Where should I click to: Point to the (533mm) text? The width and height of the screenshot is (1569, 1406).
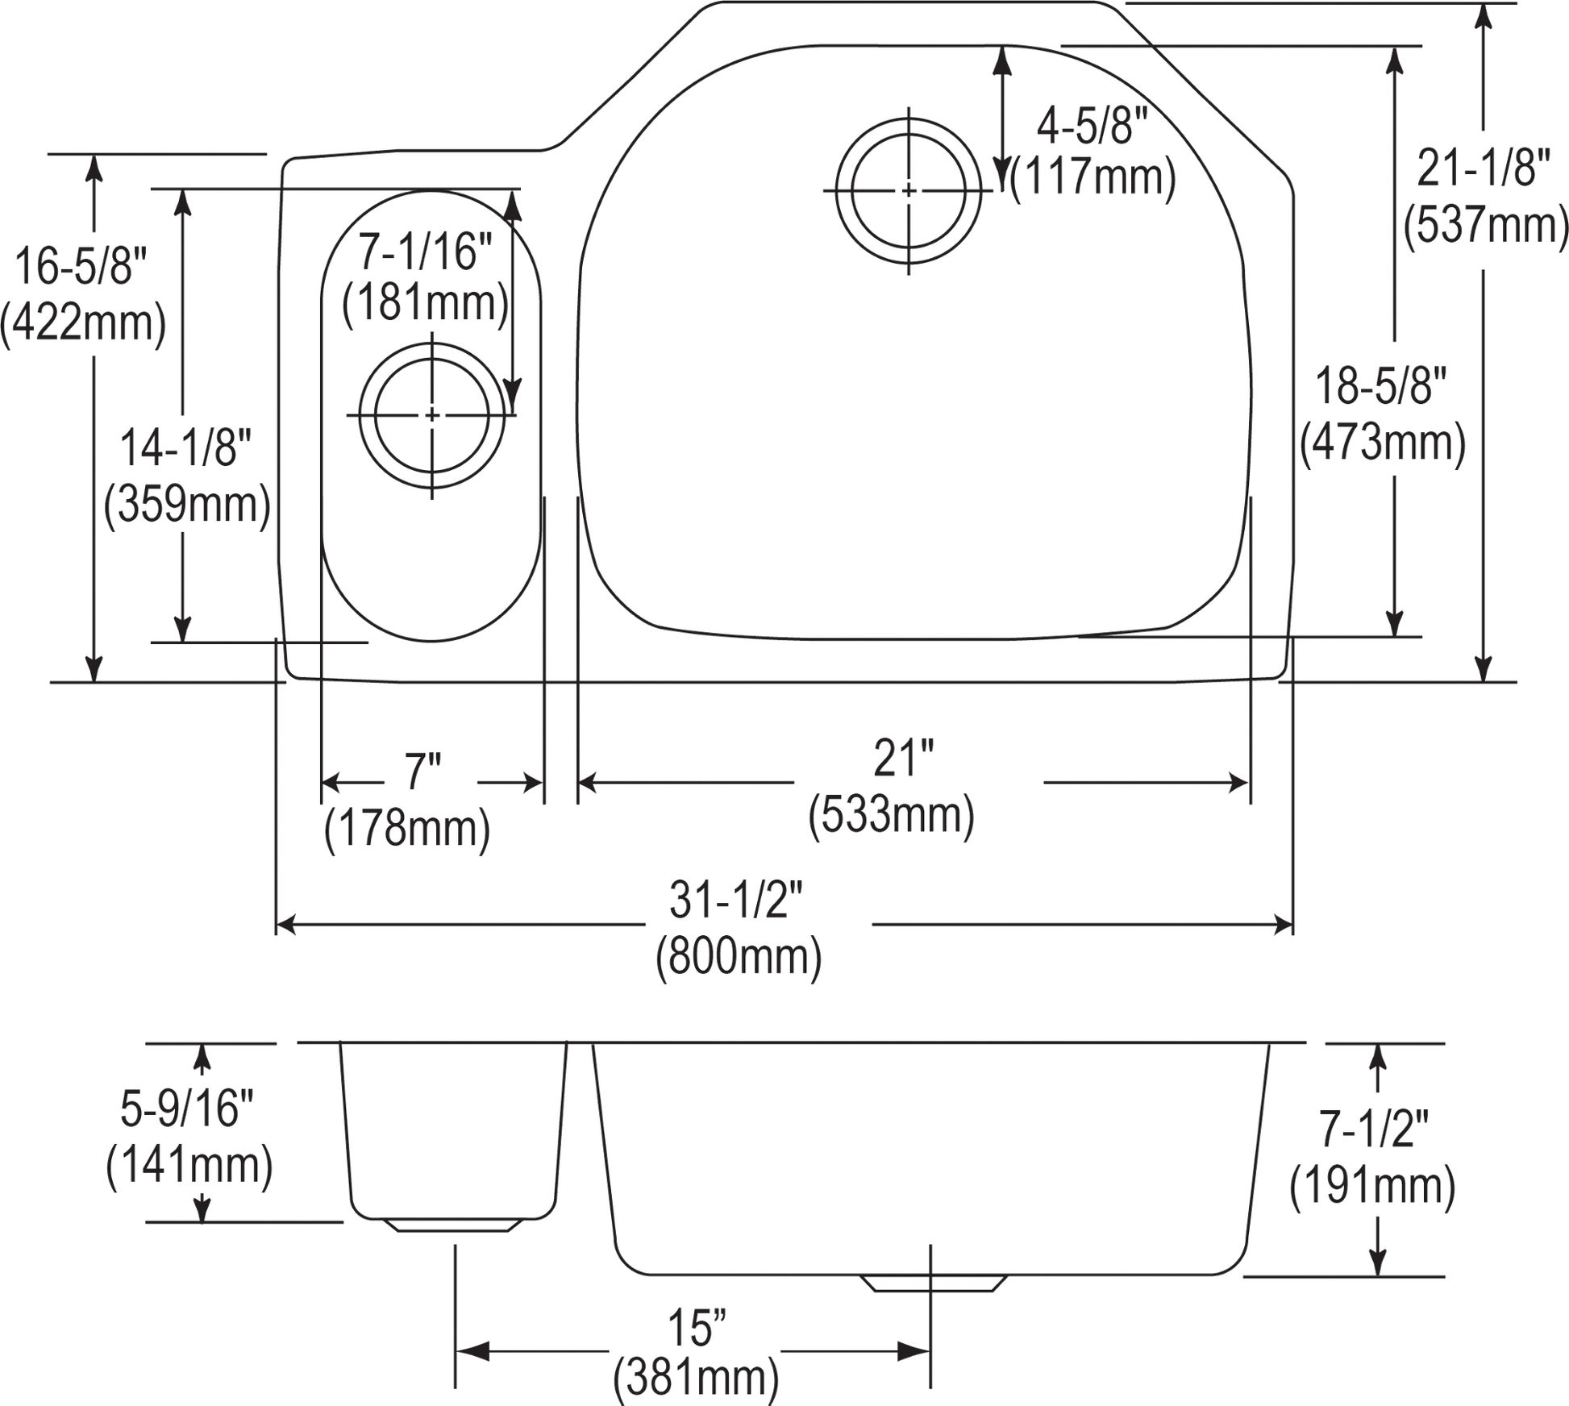pyautogui.click(x=891, y=817)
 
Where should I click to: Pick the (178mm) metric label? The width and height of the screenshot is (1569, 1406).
pyautogui.click(x=406, y=830)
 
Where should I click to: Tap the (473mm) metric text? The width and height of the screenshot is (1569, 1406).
pyautogui.click(x=1382, y=443)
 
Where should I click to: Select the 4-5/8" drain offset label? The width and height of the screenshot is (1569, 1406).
pyautogui.click(x=1091, y=127)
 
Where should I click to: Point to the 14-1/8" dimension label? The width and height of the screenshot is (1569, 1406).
pyautogui.click(x=187, y=448)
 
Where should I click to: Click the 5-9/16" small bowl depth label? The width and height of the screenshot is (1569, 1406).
pyautogui.click(x=187, y=1108)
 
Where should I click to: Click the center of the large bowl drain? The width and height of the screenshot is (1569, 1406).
pyautogui.click(x=909, y=190)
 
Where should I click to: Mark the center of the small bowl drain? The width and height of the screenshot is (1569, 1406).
pyautogui.click(x=433, y=414)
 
